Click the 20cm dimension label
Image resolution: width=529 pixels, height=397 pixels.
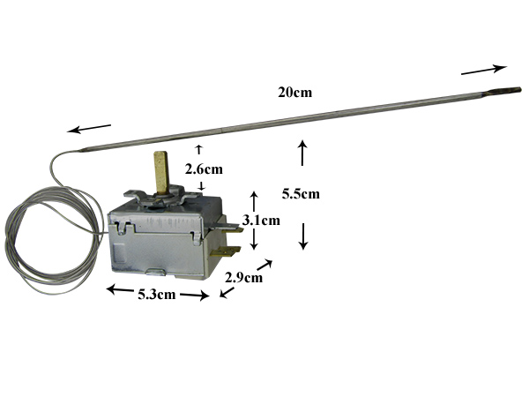[x=294, y=92]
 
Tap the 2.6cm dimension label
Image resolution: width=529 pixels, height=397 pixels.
[x=204, y=169]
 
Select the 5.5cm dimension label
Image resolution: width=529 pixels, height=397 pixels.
[x=301, y=194]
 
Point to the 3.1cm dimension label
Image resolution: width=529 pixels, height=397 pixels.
[x=261, y=221]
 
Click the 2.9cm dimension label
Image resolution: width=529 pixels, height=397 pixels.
[x=243, y=278]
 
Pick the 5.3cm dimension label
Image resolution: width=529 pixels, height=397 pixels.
[x=157, y=295]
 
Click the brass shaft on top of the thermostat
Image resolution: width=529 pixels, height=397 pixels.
[x=161, y=173]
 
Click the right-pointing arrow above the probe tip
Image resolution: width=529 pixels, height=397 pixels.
[x=484, y=69]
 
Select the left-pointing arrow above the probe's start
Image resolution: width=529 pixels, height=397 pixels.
[x=89, y=129]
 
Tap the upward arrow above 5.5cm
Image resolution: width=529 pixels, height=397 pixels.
[x=302, y=153]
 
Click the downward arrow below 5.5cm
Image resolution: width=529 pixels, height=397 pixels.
[x=303, y=236]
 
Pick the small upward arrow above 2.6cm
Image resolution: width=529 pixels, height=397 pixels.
[x=198, y=149]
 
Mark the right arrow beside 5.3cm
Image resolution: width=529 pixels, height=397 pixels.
[x=195, y=296]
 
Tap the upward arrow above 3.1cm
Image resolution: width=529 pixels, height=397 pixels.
[x=254, y=201]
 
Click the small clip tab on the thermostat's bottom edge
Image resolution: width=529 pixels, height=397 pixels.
[x=156, y=271]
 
